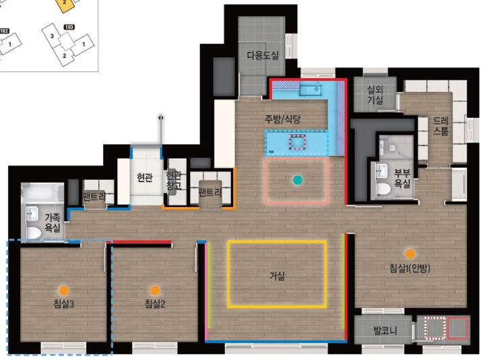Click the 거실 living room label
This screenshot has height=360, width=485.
277,276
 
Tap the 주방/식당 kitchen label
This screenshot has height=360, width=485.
282,119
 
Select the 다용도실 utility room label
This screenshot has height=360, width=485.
263,55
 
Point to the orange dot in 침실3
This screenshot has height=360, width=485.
63,291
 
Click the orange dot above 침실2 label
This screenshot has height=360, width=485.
155,291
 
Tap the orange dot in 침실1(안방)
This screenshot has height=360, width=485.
410,254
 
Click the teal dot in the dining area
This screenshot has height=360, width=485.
298,180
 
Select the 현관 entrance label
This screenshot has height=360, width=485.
145,177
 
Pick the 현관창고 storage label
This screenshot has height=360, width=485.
174,181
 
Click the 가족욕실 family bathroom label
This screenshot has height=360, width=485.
53,222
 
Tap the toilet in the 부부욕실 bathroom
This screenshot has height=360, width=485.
383,189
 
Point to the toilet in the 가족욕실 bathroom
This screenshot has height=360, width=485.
34,233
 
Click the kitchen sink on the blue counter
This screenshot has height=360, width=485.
311,90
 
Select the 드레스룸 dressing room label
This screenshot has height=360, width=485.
441,126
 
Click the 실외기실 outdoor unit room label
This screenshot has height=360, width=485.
375,95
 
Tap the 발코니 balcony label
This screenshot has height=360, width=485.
385,330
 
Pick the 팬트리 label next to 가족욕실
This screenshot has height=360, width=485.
94,196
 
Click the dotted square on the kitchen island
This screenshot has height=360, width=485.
297,142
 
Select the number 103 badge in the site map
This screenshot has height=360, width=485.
69,27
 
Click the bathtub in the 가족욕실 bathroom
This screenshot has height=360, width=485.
42,192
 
